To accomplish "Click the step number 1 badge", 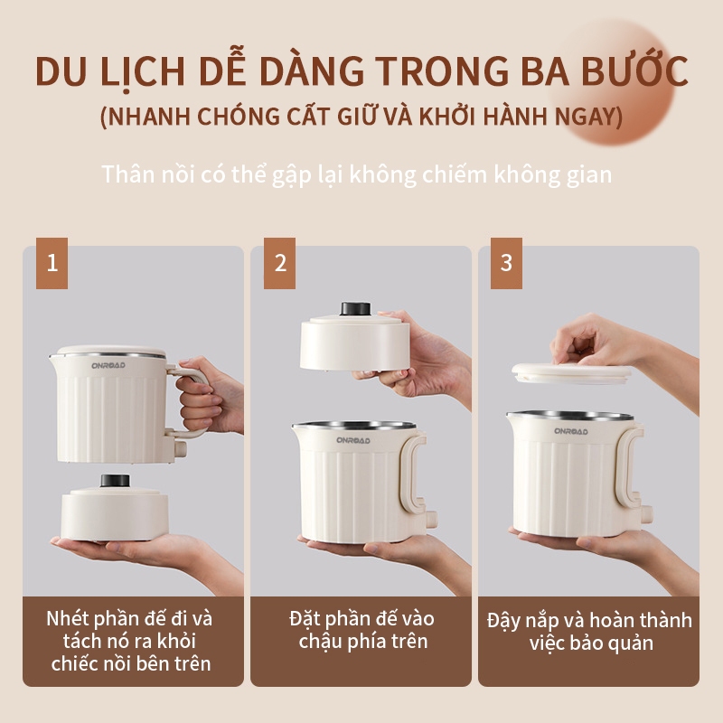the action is click(52, 263).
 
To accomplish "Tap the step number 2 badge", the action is click(280, 263).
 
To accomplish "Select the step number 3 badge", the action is click(506, 263).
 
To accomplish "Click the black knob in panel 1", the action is click(116, 481).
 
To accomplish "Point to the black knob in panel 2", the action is click(355, 308).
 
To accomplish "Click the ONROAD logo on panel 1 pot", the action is click(108, 366).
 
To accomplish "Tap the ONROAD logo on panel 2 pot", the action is click(353, 440).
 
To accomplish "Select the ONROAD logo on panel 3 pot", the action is click(571, 432).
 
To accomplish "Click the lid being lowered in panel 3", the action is click(572, 373).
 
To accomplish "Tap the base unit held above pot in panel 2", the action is click(355, 342).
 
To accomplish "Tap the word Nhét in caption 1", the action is click(70, 619).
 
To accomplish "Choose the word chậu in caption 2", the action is click(321, 642).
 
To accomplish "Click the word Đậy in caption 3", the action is click(505, 622).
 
